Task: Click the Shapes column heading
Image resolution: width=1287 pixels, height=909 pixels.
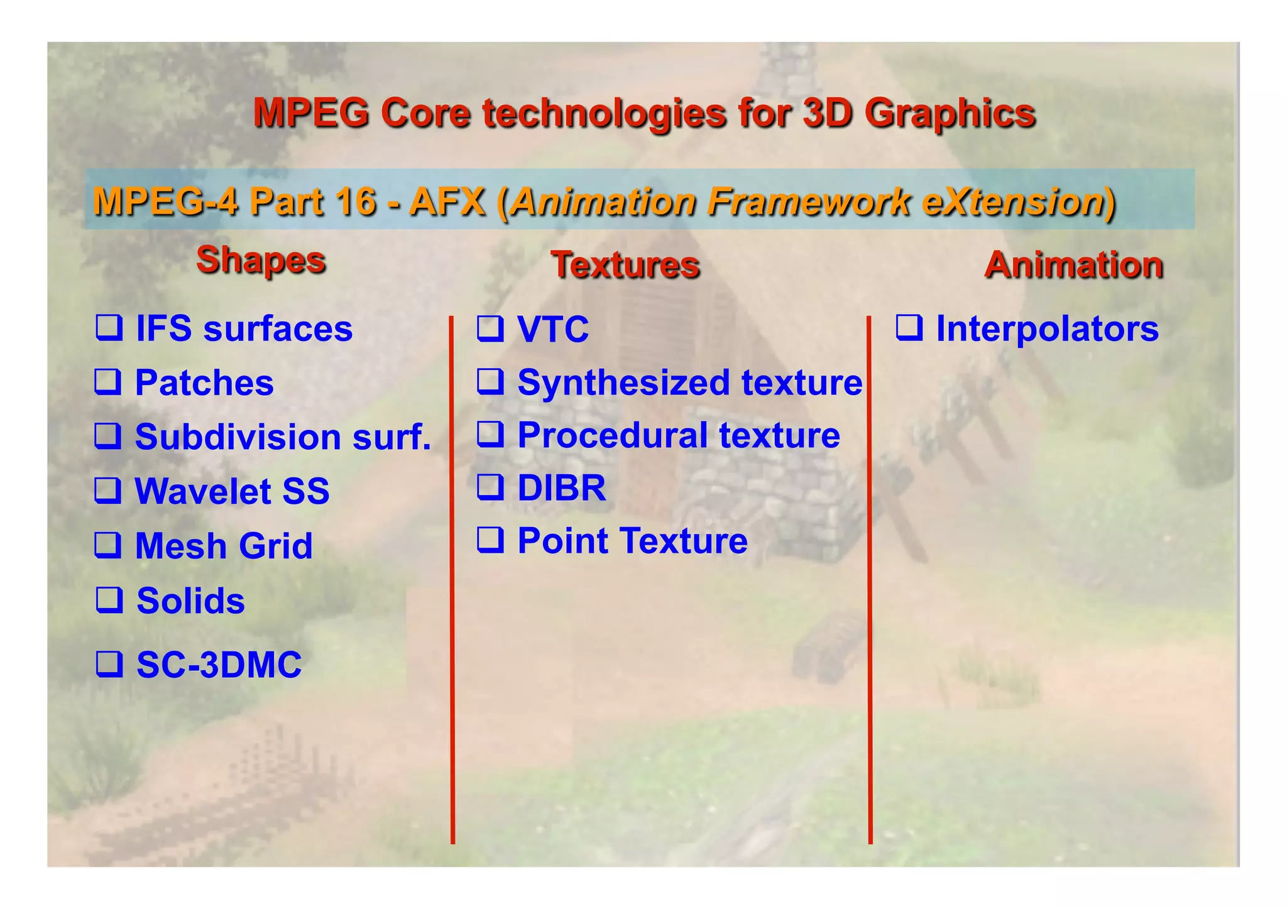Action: [261, 259]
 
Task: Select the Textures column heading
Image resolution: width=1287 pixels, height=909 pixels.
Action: [625, 264]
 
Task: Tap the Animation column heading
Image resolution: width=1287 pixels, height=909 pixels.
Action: [1073, 264]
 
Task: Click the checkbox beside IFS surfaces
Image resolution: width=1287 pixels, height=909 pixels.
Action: [109, 327]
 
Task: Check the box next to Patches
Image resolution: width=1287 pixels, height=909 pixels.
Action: [108, 381]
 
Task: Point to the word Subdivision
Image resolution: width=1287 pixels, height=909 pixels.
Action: [239, 437]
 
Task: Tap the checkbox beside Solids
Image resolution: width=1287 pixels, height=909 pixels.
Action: [109, 599]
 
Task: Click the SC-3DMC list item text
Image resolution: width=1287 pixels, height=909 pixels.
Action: [219, 665]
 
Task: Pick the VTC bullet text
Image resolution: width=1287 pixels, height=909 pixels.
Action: [553, 329]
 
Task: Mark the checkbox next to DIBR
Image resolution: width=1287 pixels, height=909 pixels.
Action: [490, 486]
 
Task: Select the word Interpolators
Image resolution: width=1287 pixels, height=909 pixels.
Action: [1047, 329]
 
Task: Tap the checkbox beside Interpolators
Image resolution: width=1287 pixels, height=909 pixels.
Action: [909, 327]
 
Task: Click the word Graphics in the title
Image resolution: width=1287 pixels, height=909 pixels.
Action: [949, 114]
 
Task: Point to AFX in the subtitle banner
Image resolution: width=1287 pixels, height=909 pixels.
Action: [447, 202]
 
